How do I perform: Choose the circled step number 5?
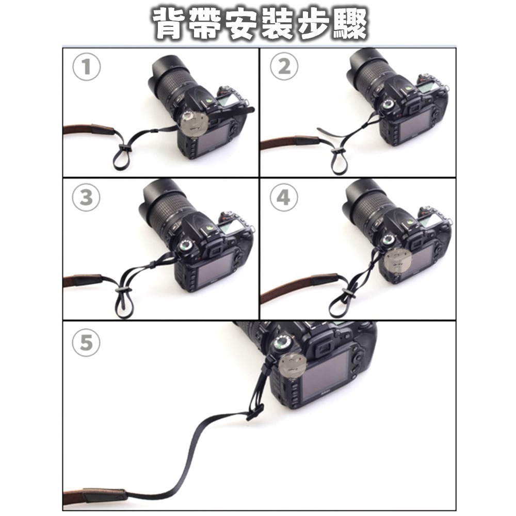pos(86,343)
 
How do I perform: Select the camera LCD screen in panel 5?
pos(322,379)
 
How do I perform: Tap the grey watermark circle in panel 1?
pos(195,124)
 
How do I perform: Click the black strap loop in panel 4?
pos(341,305)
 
